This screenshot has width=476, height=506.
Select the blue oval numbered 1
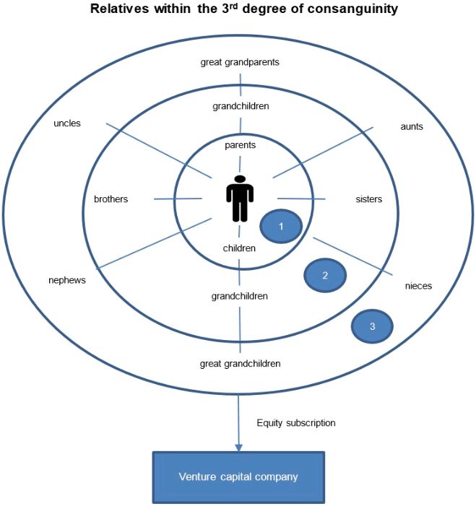tap(282, 227)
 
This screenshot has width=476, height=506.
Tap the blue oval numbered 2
tap(325, 275)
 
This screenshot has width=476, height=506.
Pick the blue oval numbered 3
tap(372, 326)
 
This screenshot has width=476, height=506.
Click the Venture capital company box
tap(238, 477)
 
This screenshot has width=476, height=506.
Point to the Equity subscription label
tap(296, 422)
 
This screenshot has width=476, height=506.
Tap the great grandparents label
tap(239, 62)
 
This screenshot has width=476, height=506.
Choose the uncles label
tap(67, 123)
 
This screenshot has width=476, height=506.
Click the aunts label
tap(411, 126)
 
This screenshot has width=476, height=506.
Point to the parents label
tap(240, 145)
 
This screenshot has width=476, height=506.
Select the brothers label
tap(111, 199)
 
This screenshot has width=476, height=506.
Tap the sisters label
tap(369, 199)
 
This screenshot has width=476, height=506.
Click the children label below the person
tap(239, 248)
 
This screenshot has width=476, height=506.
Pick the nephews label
tap(66, 280)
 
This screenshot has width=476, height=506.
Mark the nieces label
tap(418, 286)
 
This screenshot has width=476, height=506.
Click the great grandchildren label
tap(240, 363)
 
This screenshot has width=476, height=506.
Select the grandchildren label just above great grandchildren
tap(240, 296)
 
